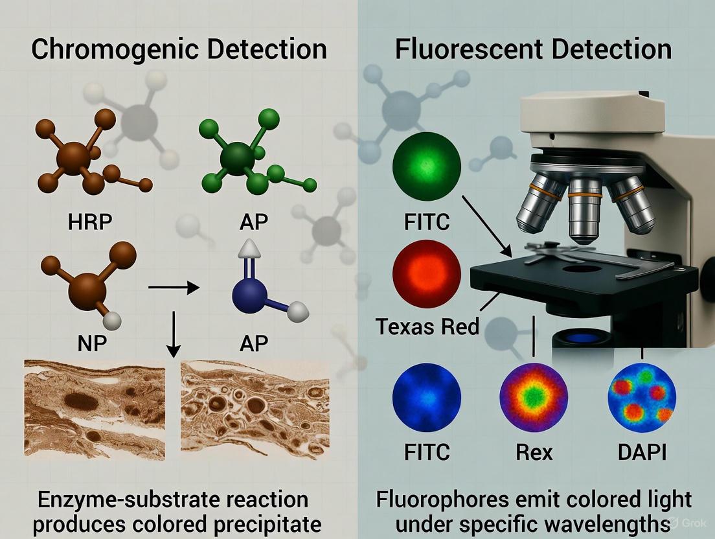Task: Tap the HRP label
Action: [90, 222]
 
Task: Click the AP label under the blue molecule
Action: [254, 343]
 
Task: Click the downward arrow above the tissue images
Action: [173, 334]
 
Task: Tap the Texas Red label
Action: [427, 326]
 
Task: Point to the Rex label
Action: [534, 452]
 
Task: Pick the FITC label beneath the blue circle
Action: [427, 452]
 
